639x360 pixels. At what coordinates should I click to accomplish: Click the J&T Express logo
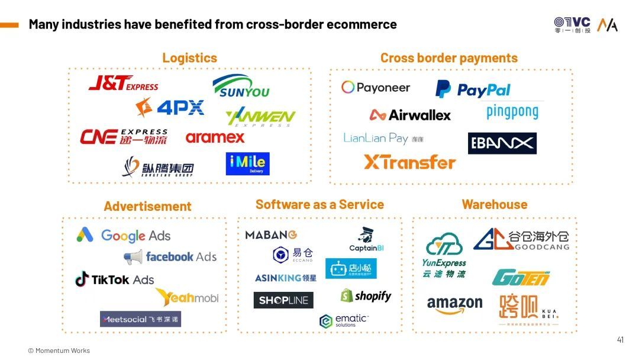point(123,83)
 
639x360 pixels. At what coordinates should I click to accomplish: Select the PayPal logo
point(473,89)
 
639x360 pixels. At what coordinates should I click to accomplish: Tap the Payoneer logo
point(376,88)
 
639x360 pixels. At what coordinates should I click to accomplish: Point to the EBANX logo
point(502,143)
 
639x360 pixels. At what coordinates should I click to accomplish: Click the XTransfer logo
point(409,162)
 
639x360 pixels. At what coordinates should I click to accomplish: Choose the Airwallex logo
point(410,115)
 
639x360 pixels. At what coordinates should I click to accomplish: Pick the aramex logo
point(215,137)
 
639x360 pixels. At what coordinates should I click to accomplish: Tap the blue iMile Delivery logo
point(247,164)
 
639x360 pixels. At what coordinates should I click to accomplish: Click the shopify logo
point(366,295)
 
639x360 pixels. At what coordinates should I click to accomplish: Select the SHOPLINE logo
point(283,300)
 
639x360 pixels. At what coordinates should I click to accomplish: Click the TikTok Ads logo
point(115,279)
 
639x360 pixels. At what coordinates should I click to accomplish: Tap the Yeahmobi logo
point(187,297)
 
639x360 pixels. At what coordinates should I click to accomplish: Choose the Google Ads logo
point(123,236)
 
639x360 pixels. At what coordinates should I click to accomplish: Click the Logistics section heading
point(189,58)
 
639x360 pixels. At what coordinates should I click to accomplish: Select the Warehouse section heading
point(494,204)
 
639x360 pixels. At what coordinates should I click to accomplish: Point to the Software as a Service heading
point(319,204)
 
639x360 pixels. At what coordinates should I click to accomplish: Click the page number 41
point(620,340)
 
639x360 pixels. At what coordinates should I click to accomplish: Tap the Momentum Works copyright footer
point(59,351)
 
